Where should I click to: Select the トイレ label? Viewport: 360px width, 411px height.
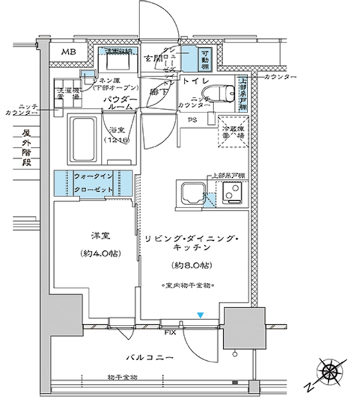194,82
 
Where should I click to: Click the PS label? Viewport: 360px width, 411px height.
192,120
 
